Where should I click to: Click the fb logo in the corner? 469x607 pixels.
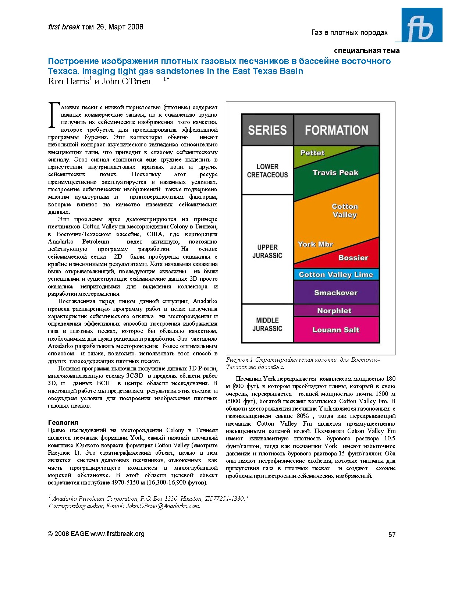pyautogui.click(x=422, y=25)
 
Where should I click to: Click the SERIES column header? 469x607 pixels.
pyautogui.click(x=267, y=130)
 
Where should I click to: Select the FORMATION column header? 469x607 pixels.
pyautogui.click(x=336, y=130)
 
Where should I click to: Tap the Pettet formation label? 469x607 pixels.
pyautogui.click(x=312, y=153)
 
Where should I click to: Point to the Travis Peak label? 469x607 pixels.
pyautogui.click(x=335, y=173)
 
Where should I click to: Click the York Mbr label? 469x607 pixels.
pyautogui.click(x=315, y=244)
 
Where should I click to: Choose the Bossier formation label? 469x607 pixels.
pyautogui.click(x=353, y=258)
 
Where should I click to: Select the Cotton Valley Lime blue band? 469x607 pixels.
pyautogui.click(x=336, y=275)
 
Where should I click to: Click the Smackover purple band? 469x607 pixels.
pyautogui.click(x=336, y=293)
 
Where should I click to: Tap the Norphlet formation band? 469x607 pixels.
pyautogui.click(x=334, y=311)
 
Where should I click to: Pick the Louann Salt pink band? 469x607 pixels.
pyautogui.click(x=336, y=330)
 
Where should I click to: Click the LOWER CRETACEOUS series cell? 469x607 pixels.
pyautogui.click(x=267, y=171)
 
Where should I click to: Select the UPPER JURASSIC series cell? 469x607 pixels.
pyautogui.click(x=267, y=251)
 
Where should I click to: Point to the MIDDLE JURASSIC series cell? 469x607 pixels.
pyautogui.click(x=267, y=324)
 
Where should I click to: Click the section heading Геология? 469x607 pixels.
pyautogui.click(x=63, y=423)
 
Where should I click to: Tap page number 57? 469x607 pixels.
pyautogui.click(x=392, y=535)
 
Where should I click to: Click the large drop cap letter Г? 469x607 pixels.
pyautogui.click(x=54, y=116)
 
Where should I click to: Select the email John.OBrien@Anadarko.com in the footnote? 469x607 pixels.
pyautogui.click(x=163, y=506)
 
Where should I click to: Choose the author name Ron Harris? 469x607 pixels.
pyautogui.click(x=69, y=81)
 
